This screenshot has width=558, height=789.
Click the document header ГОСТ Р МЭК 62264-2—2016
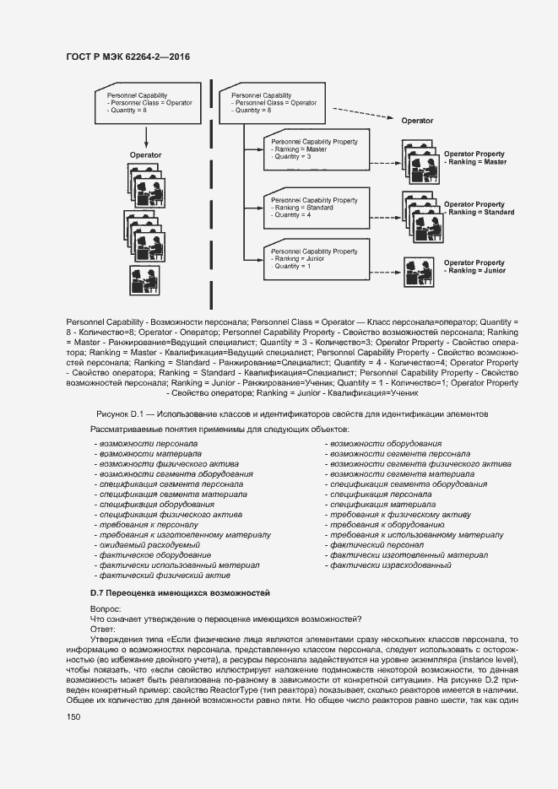(127, 57)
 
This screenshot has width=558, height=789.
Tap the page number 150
(73, 716)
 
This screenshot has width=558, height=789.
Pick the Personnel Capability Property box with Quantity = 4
(315, 208)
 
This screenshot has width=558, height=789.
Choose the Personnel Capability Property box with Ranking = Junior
(315, 259)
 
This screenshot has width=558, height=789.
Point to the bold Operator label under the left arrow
(145, 155)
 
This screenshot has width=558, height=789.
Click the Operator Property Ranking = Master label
(474, 158)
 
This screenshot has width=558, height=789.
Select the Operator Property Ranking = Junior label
(474, 267)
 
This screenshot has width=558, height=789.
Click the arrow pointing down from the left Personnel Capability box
(147, 135)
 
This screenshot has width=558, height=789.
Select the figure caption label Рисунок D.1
(122, 413)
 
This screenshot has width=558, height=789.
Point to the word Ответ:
(104, 629)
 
